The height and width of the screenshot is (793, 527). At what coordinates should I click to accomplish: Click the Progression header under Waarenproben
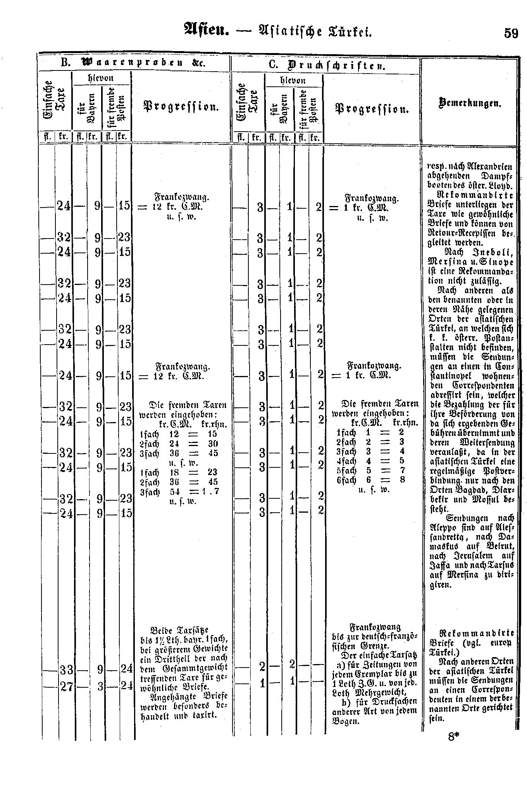point(181,106)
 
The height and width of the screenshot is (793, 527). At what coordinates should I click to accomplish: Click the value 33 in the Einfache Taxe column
point(65,669)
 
